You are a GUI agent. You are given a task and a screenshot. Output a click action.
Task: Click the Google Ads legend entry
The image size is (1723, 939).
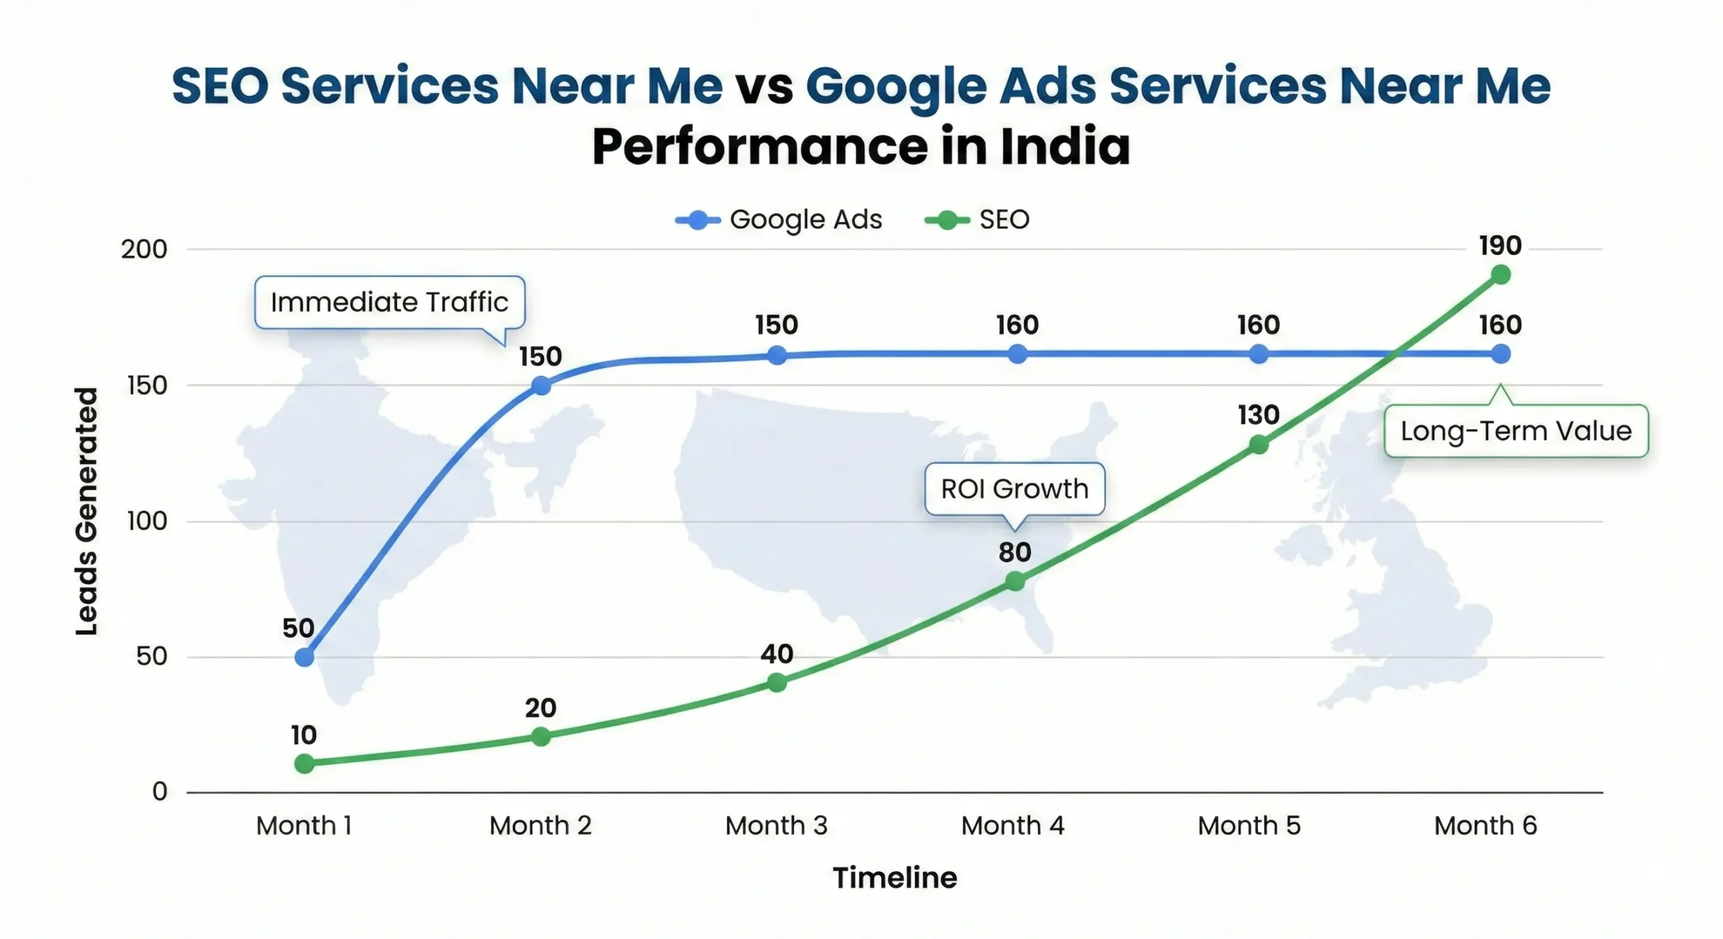coord(779,220)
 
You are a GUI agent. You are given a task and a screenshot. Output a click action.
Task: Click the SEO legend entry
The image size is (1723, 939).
coord(978,220)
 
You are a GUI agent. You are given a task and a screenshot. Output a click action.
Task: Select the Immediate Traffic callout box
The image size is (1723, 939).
coord(389,302)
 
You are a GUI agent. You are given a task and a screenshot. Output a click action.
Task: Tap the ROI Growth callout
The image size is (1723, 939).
coord(1014,489)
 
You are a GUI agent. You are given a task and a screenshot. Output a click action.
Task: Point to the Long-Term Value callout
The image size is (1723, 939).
coord(1516,431)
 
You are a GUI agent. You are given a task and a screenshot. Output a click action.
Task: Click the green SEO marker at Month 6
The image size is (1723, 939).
coord(1500,274)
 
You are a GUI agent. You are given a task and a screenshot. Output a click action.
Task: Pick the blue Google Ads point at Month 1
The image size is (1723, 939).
coord(304,657)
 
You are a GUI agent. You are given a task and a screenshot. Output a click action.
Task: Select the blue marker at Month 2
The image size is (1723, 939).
coord(541,386)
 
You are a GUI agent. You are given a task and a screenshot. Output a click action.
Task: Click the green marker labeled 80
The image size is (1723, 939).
coord(1015,581)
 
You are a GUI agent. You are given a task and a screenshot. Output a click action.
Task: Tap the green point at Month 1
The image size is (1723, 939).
coord(304,763)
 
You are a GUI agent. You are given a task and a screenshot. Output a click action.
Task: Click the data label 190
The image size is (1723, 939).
coord(1500,246)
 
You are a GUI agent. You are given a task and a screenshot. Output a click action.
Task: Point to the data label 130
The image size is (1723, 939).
coord(1258,415)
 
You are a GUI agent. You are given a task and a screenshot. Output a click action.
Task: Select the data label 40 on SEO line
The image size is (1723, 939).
coord(777,654)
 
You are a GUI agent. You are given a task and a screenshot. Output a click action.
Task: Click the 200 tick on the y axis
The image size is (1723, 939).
coord(144,250)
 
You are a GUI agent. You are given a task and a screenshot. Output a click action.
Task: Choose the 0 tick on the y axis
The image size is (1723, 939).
coord(160,792)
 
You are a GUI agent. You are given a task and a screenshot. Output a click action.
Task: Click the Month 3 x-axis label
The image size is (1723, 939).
coord(776,825)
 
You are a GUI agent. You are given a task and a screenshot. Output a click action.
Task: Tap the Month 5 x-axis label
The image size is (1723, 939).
coord(1249,825)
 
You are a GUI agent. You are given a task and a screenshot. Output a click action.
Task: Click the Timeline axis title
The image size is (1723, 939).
coord(894,878)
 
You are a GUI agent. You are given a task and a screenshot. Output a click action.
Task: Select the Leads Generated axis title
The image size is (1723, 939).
coord(87,511)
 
